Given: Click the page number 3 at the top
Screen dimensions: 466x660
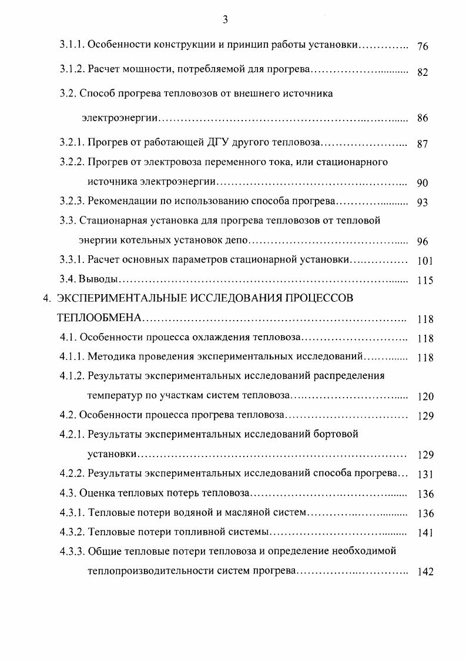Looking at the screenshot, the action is [x=225, y=20].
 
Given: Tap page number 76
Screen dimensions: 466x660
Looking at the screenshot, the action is [x=423, y=46].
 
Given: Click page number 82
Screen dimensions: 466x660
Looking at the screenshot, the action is [x=423, y=72].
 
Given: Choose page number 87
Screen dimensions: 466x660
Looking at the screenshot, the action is [x=423, y=144].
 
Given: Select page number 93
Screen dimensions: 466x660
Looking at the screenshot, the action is [x=423, y=203].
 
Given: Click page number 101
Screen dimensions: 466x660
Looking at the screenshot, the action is [x=425, y=261].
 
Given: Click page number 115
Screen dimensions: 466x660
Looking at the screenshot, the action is [x=425, y=281].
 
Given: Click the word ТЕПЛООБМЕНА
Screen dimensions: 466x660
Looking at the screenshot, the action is [x=99, y=318].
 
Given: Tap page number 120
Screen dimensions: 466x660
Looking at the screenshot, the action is [x=425, y=397].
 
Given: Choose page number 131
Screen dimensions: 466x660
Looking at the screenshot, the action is [x=425, y=475].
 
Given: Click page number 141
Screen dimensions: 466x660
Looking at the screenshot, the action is [x=425, y=533].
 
